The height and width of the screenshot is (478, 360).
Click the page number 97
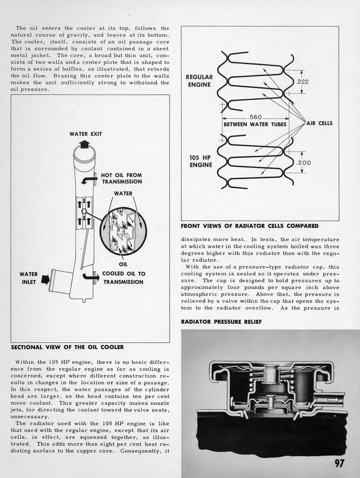pos(339,463)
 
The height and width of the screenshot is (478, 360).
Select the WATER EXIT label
pos(85,134)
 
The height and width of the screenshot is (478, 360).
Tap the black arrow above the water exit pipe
pos(84,144)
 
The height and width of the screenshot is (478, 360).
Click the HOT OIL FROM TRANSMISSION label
pos(121,178)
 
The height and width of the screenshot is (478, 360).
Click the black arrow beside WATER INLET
pos(45,280)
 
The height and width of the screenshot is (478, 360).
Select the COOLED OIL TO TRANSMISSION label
pos(124,278)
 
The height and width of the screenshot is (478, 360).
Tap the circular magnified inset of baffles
pos(123,231)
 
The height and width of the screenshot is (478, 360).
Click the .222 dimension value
pos(303,82)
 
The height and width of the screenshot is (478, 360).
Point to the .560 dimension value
pos(256,117)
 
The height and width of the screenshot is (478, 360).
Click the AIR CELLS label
pos(319,123)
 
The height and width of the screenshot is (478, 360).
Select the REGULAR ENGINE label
pos(199,81)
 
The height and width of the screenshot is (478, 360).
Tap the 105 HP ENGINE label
pos(201,161)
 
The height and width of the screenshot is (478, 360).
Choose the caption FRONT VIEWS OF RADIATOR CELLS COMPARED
pos(249,226)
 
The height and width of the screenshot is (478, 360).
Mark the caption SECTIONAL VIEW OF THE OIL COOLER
pos(67,347)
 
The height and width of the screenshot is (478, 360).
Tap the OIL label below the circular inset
pos(124,265)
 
